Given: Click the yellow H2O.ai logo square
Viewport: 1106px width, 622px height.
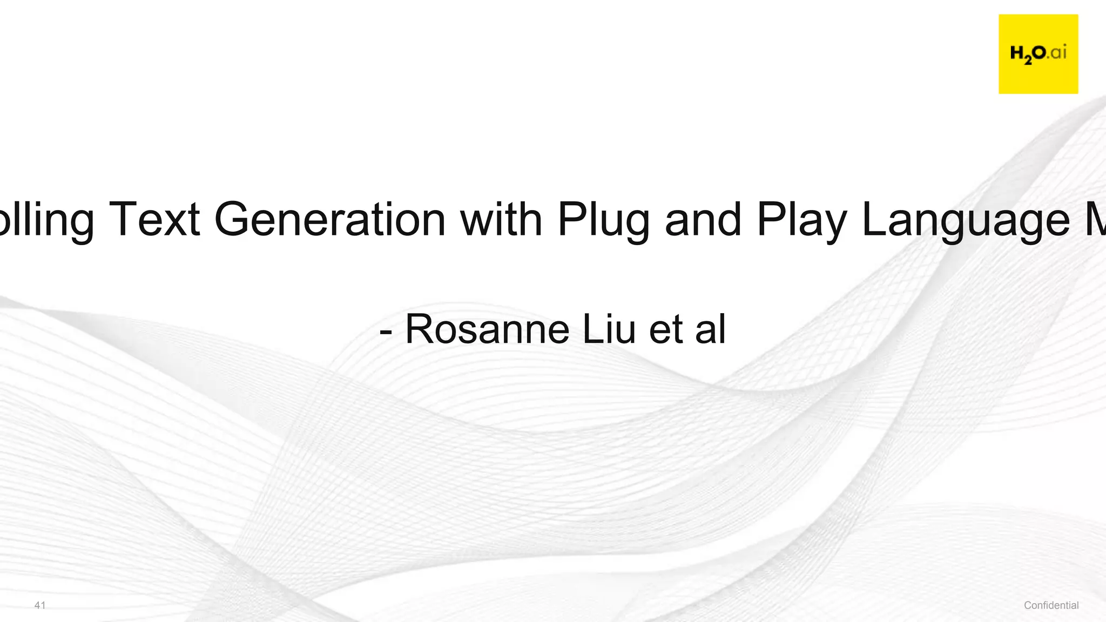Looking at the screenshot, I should tap(1038, 54).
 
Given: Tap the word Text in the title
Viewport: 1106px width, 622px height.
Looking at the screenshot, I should tap(154, 219).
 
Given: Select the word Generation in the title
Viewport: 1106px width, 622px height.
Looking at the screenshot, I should tap(329, 219).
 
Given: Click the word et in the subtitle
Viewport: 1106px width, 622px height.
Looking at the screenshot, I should tap(666, 330).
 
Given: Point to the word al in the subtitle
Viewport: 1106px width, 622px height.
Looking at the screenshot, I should tap(711, 329).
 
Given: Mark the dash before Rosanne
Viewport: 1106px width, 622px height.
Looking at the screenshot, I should tap(386, 331).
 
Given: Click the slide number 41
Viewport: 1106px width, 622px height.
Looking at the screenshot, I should tap(40, 605).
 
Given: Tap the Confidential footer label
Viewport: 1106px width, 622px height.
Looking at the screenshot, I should tap(1051, 605).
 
